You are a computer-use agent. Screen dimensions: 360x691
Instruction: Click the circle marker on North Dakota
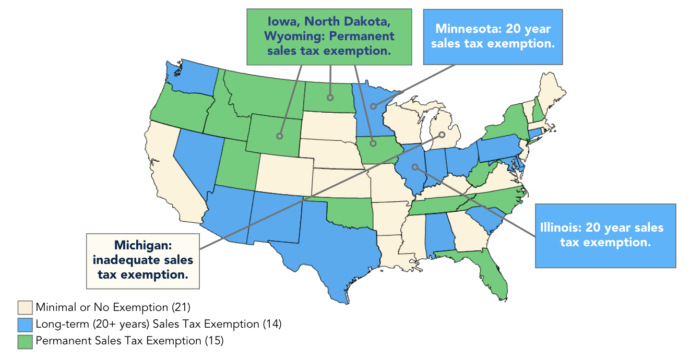tap(330, 98)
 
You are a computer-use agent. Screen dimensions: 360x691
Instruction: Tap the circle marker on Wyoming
tap(280, 136)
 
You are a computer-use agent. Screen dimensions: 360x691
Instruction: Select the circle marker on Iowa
tap(373, 142)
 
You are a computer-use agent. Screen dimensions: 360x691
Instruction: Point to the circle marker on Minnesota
tap(373, 106)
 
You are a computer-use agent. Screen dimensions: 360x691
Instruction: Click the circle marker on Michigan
tap(442, 135)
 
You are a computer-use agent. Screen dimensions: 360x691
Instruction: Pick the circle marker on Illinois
tap(415, 167)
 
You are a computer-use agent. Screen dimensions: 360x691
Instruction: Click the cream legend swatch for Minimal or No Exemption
tap(25, 307)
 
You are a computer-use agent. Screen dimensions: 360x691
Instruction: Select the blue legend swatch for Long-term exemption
tap(25, 324)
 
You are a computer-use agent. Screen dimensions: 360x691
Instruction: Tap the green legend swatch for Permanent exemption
tap(25, 341)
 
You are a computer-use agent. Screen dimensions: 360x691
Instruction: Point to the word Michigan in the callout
tap(142, 245)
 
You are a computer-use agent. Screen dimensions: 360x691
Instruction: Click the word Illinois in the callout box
tap(561, 228)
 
